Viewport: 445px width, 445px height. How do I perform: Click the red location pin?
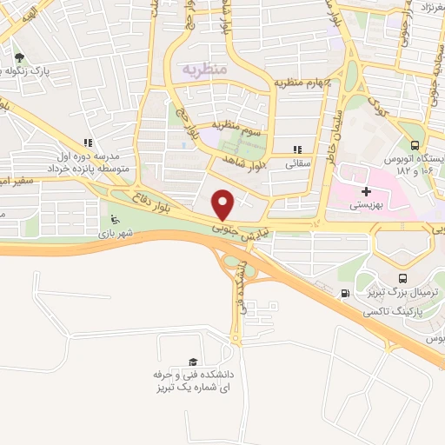tap(223, 203)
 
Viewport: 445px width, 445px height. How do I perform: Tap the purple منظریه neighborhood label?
tap(202, 67)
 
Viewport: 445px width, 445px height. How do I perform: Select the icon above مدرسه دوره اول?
tap(87, 143)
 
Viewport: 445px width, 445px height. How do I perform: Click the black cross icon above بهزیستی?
tap(365, 191)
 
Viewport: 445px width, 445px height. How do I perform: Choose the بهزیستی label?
tap(365, 205)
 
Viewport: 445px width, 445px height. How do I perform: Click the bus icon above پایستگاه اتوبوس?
tap(415, 145)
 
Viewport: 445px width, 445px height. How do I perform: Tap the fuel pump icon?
tap(347, 293)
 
